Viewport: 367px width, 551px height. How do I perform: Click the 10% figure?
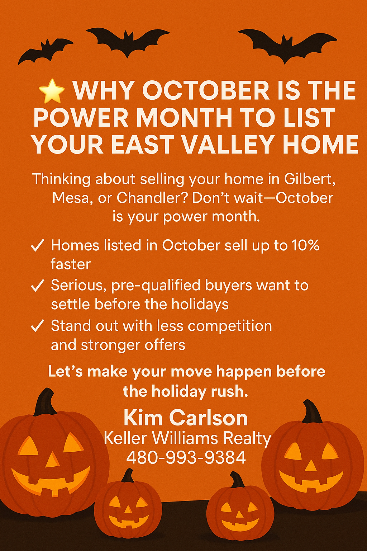[x=305, y=246]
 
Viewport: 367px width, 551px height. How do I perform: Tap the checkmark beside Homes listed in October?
[x=37, y=246]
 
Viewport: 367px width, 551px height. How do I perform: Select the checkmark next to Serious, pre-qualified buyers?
[x=37, y=286]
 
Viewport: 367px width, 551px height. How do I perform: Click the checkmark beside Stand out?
[x=37, y=326]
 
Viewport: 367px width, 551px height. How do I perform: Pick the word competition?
[x=230, y=326]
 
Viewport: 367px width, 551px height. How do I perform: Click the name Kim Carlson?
[x=186, y=418]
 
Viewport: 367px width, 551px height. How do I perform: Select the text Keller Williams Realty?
[x=187, y=438]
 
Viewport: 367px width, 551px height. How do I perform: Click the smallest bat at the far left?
[x=45, y=50]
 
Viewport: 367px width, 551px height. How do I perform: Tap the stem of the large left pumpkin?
[x=45, y=402]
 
